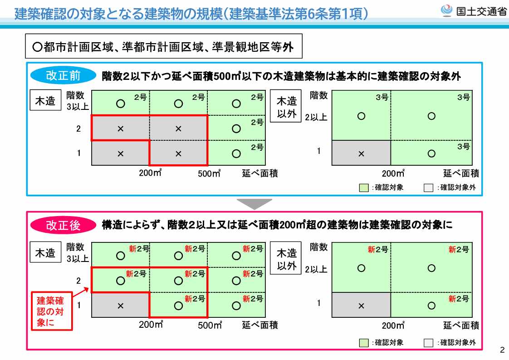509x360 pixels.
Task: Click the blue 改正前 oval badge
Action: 64,75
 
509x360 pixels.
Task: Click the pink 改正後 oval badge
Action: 64,225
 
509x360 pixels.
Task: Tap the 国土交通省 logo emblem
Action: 447,11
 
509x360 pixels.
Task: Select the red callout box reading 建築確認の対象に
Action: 52,311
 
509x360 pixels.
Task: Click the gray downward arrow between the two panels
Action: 254,204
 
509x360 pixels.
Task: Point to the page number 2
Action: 502,350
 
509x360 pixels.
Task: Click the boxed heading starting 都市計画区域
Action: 164,46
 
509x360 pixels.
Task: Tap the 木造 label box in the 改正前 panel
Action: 45,100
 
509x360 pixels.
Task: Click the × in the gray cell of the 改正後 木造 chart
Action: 120,306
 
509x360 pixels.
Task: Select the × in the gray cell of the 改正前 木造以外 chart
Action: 361,154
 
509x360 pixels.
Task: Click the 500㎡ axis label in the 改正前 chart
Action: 209,173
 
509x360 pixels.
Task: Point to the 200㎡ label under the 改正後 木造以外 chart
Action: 393,325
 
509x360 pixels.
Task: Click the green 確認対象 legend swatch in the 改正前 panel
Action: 364,188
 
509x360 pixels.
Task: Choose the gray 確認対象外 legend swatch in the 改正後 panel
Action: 429,343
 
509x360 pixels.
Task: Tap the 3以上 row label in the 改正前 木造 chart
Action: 78,106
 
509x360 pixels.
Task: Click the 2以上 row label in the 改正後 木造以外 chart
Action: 316,269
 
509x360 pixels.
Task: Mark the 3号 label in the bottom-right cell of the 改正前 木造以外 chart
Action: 464,147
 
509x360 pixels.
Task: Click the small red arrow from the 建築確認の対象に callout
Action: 80,292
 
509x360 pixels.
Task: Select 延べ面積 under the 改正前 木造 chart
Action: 260,173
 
